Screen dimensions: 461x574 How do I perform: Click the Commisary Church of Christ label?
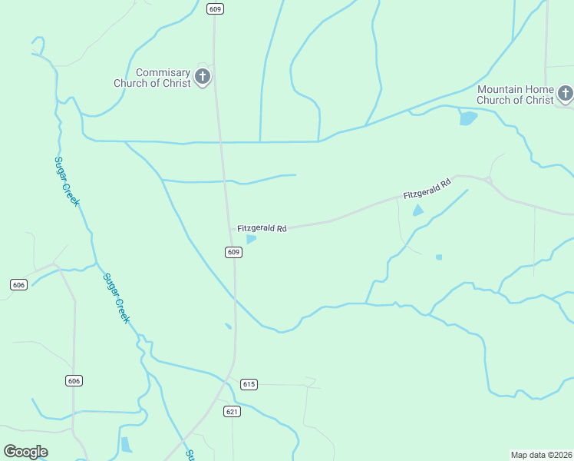tap(152, 78)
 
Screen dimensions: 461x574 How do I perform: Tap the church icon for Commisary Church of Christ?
tap(203, 76)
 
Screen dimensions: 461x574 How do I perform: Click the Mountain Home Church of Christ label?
tap(515, 95)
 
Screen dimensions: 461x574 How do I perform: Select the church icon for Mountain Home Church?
tap(566, 94)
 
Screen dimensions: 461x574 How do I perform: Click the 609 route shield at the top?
tap(215, 9)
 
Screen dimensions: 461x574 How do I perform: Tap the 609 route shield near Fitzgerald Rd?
tap(234, 252)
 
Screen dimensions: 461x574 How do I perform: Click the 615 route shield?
tap(248, 384)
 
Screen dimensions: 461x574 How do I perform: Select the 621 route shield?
tap(233, 412)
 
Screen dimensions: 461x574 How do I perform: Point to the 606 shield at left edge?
tap(19, 284)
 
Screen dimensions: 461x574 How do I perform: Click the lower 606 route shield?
tap(74, 381)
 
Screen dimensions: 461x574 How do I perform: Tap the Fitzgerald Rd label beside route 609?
tap(262, 229)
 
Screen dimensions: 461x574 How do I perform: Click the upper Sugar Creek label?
tap(67, 181)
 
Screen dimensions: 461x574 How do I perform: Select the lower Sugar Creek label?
tap(118, 298)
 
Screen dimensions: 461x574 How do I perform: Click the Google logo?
tap(25, 452)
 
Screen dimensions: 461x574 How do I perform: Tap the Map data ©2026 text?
tap(541, 454)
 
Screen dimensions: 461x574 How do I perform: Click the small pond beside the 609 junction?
tap(251, 239)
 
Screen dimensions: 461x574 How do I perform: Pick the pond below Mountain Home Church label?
tap(467, 118)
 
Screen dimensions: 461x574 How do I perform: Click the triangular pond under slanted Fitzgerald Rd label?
tap(418, 211)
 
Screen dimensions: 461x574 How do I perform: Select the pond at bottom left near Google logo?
tap(126, 445)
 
